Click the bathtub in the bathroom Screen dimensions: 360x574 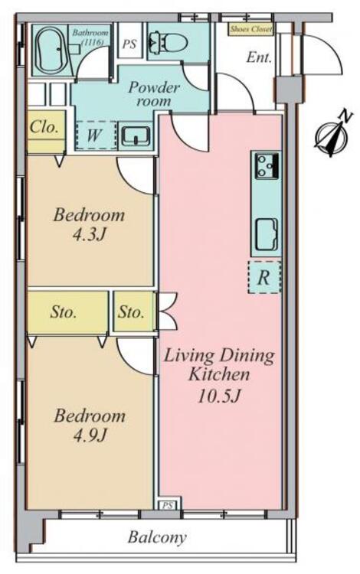[51, 51]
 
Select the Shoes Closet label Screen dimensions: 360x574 [251, 29]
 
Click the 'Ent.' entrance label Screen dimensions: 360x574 [259, 57]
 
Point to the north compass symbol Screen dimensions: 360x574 [334, 135]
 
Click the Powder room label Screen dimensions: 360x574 [154, 93]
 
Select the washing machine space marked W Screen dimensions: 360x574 [96, 135]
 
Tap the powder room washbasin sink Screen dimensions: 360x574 [136, 135]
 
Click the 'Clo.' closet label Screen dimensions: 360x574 [44, 127]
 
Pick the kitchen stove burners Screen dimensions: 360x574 [267, 166]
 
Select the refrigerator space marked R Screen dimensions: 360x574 [264, 277]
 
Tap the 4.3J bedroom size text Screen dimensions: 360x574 [90, 234]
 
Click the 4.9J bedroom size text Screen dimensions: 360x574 [90, 435]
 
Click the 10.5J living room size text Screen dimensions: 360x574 [219, 396]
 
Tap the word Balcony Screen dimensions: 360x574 [157, 537]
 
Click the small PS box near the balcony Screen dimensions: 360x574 [168, 506]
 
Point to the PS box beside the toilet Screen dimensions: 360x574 [129, 44]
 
